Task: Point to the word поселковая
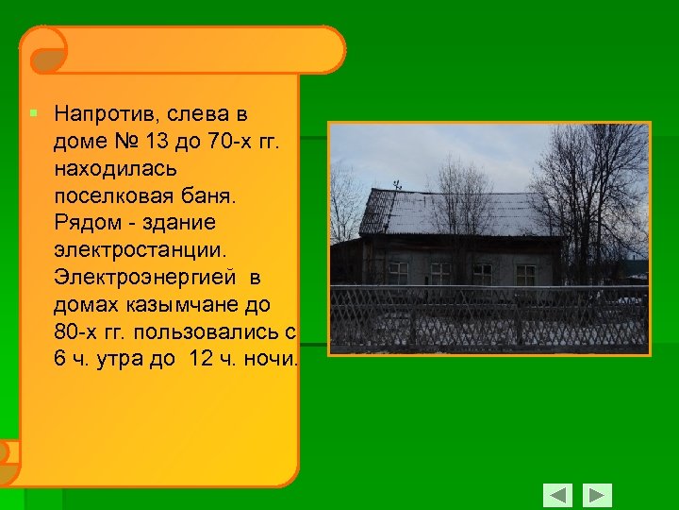tap(114, 197)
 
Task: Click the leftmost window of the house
tap(399, 273)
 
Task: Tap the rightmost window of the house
tap(525, 274)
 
